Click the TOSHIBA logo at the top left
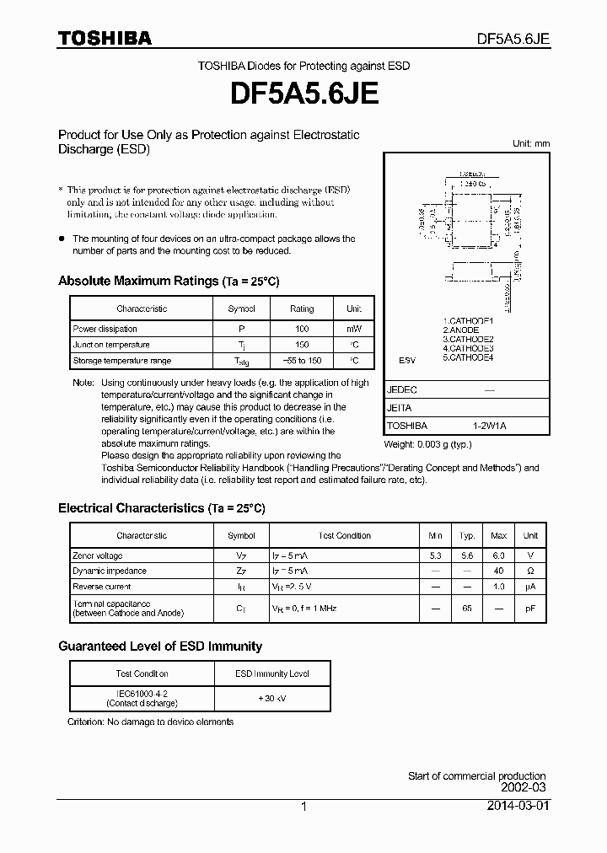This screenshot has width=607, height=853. tap(104, 38)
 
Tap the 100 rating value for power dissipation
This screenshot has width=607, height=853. tap(302, 329)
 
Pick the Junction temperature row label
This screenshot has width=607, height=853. tap(111, 345)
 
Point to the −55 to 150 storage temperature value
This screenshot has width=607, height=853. tap(302, 361)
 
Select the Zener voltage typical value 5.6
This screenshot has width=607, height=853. tap(467, 556)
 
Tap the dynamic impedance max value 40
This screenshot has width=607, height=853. tap(499, 571)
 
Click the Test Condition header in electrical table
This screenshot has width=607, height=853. tap(345, 536)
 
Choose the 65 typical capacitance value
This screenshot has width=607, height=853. tap(467, 608)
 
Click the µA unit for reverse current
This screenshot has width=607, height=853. tap(530, 587)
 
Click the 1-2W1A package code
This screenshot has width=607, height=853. tap(490, 426)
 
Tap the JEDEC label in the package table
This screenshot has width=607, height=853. tap(402, 390)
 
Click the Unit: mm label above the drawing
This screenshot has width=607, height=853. tap(530, 143)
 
